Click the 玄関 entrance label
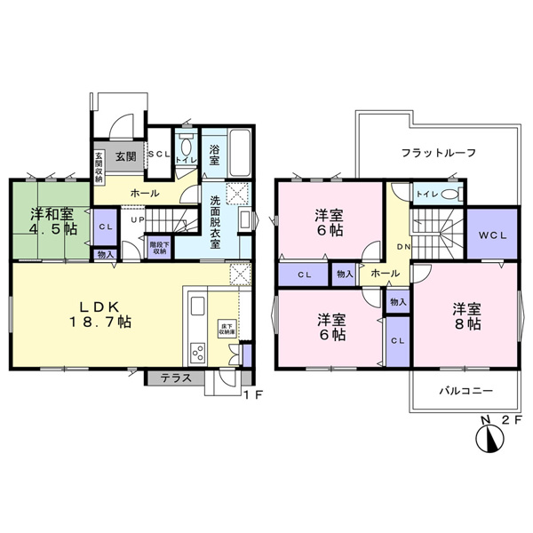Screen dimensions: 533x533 click(125, 156)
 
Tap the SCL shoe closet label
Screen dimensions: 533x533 click(159, 155)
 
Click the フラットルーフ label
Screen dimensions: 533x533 click(438, 152)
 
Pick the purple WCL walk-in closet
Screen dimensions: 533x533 click(491, 235)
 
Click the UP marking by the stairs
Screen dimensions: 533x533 click(137, 219)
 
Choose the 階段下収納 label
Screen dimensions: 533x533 click(159, 246)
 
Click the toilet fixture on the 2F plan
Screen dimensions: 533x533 click(450, 194)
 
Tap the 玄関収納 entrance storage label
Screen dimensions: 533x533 click(98, 165)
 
